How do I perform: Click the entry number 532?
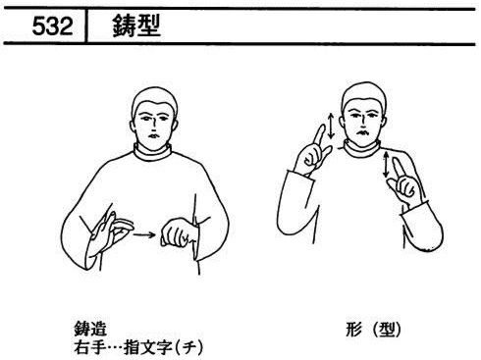pos(52,26)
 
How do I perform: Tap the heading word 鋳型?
pos(136,26)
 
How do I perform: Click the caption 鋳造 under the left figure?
pos(90,329)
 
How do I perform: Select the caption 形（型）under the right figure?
pos(373,330)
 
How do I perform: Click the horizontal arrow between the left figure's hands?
pos(144,234)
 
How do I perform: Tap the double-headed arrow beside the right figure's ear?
pos(331,126)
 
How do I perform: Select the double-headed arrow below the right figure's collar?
pos(387,165)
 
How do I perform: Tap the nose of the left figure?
pos(153,124)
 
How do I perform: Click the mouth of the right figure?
pos(361,132)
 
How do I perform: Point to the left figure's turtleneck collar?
pos(152,153)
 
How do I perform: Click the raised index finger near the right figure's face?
pos(318,136)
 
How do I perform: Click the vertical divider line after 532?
pos(86,26)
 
